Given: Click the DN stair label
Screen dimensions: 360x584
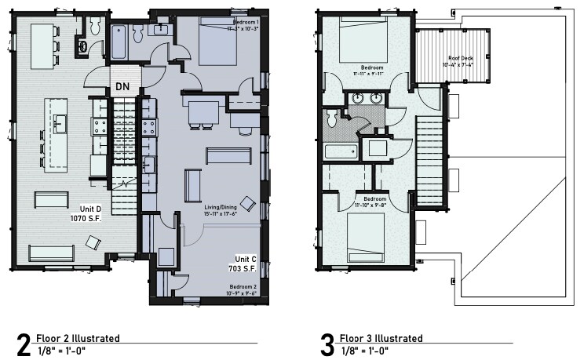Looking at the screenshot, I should click(x=122, y=85).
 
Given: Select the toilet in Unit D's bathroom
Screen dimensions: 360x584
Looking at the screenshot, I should click(x=94, y=27).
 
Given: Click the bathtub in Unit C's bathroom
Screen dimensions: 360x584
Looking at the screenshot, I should click(x=120, y=42).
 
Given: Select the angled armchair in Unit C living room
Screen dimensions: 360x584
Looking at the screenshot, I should click(x=247, y=202).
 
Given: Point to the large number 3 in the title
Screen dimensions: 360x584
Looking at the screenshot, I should click(x=327, y=345).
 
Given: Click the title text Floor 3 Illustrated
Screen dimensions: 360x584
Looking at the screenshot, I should click(x=381, y=338).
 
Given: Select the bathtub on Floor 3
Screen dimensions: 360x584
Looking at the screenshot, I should click(x=340, y=150).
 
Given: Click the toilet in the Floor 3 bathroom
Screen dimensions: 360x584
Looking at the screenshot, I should click(x=332, y=118).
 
